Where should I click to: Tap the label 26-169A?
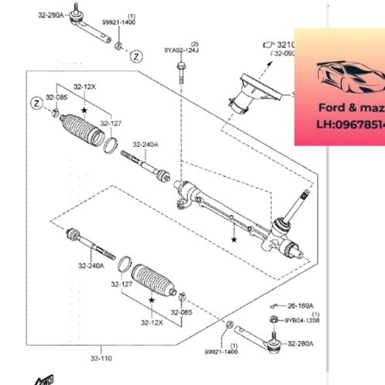[x=303, y=304]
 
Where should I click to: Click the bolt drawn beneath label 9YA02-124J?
[x=179, y=73]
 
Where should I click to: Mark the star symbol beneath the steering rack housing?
[x=233, y=240]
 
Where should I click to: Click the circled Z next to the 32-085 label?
[x=36, y=103]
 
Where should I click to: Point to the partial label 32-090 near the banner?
[x=281, y=53]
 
